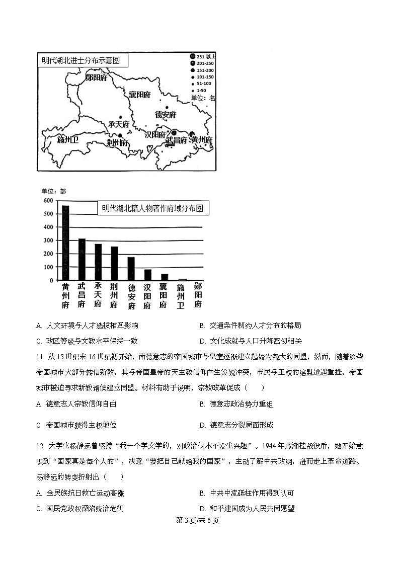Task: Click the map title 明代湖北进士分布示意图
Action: tap(81, 60)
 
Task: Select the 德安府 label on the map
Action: tap(165, 115)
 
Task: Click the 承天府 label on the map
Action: tap(119, 124)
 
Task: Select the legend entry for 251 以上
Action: tap(203, 56)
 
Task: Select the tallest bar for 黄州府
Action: tap(65, 243)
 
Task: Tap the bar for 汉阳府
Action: tap(147, 275)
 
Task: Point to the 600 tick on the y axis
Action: tap(48, 200)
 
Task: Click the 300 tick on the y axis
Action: tap(48, 240)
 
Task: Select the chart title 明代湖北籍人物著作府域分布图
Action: tap(152, 208)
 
